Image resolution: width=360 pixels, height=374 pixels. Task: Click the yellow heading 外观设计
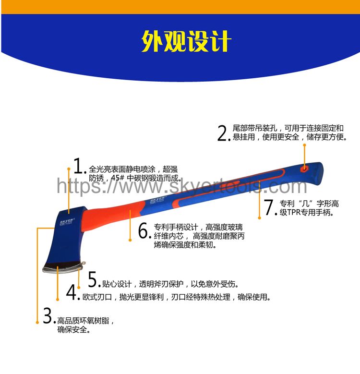(x=186, y=41)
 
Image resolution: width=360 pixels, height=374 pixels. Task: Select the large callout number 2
(x=223, y=133)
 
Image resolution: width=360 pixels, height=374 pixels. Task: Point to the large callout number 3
(x=48, y=315)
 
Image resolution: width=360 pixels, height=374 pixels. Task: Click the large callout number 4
(x=72, y=292)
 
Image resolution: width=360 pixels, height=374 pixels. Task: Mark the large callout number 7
(x=269, y=207)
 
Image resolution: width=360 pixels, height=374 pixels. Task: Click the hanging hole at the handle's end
(x=304, y=169)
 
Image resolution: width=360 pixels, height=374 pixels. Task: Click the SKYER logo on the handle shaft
(x=157, y=200)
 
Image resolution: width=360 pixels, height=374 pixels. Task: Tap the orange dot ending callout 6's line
(x=130, y=240)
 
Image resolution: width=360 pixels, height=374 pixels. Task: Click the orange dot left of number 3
(x=37, y=323)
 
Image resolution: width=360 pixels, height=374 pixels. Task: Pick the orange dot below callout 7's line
(x=259, y=217)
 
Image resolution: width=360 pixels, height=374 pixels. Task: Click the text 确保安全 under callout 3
(x=72, y=330)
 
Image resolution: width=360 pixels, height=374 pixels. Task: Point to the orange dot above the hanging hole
(x=304, y=145)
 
